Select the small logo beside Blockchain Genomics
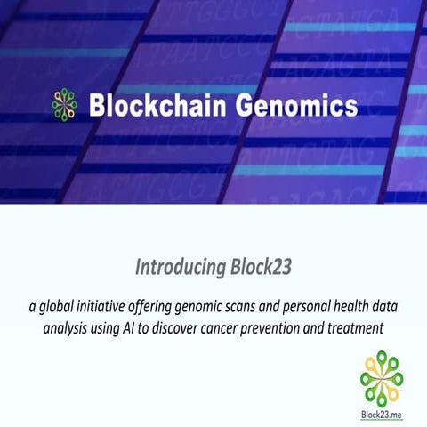coord(65,105)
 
